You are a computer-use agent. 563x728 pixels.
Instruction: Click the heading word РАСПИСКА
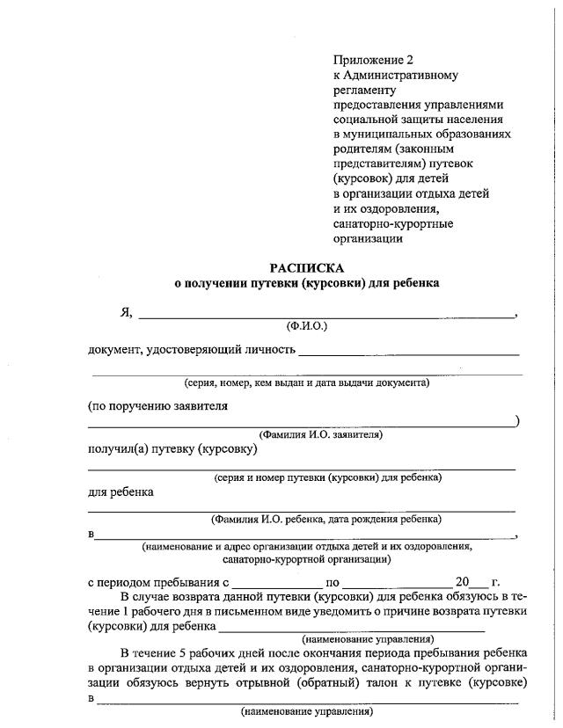[x=306, y=267]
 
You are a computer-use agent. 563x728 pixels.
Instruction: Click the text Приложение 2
[x=372, y=60]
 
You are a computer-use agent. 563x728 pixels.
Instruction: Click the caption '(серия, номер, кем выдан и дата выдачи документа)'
[x=306, y=382]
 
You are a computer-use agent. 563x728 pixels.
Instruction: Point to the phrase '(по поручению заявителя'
[x=158, y=406]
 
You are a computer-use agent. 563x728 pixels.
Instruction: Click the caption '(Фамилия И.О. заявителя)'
[x=320, y=434]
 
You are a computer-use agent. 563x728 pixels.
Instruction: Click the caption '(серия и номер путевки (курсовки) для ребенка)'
[x=327, y=477]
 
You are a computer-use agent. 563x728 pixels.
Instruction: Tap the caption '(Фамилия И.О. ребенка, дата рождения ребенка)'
[x=325, y=519]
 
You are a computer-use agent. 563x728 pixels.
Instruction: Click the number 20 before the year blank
[x=463, y=581]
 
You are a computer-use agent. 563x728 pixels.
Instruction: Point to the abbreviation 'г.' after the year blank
[x=496, y=581]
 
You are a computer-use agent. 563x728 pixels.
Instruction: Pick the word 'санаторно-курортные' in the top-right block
[x=393, y=223]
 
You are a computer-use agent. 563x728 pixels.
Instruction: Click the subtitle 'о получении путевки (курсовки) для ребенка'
[x=306, y=283]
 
